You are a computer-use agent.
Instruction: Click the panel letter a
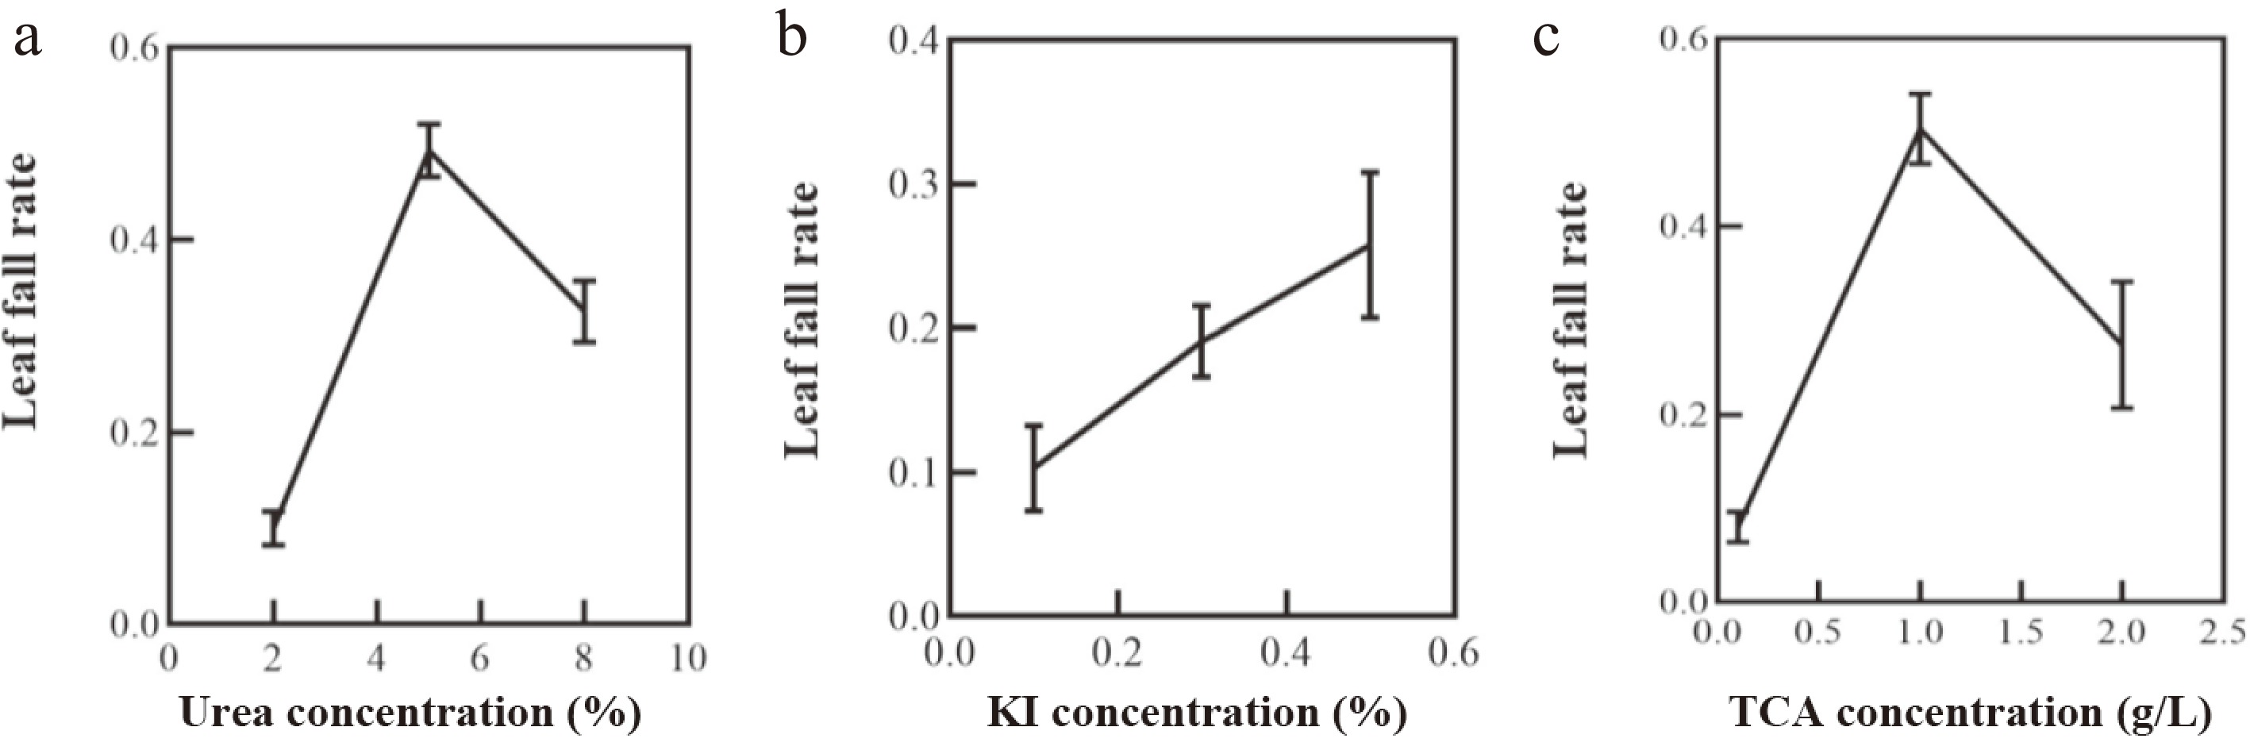pos(27,40)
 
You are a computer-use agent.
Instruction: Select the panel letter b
pos(790,40)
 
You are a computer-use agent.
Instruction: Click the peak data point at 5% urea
pos(429,150)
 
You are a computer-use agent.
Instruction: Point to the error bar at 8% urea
pos(584,311)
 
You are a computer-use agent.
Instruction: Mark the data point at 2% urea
pos(273,527)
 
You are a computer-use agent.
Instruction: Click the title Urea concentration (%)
pos(410,713)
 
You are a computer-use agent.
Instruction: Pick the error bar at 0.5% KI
pos(1370,245)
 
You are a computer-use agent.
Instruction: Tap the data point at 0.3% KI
pos(1201,341)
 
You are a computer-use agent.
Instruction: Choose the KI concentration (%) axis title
pos(1197,713)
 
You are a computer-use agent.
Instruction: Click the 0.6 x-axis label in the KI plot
pos(1453,653)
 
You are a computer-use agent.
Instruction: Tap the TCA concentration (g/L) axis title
pos(1970,713)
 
